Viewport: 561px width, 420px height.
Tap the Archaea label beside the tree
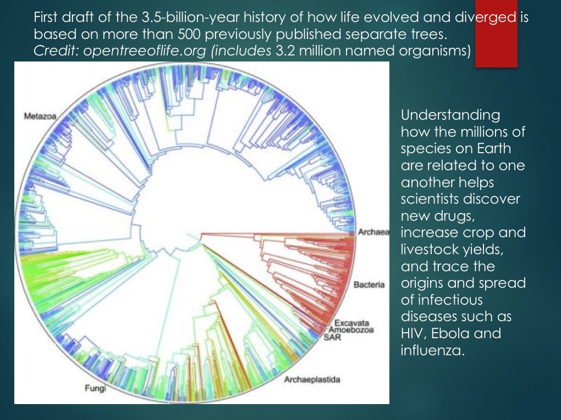click(373, 232)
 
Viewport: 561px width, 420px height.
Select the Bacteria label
click(369, 285)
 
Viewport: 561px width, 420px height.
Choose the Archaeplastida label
click(312, 379)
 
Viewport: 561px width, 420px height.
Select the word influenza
click(433, 349)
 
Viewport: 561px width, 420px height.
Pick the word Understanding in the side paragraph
click(451, 116)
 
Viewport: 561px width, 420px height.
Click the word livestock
click(435, 249)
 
